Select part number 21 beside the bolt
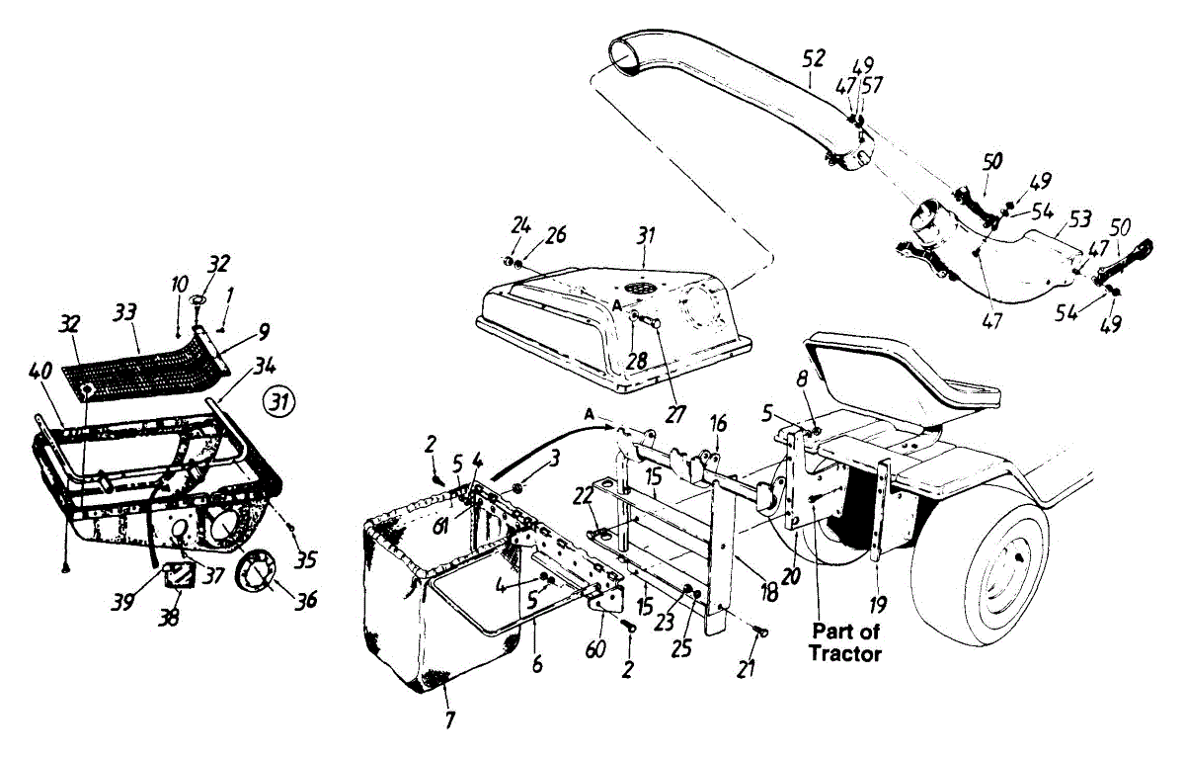click(x=747, y=670)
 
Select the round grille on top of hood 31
click(x=643, y=286)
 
